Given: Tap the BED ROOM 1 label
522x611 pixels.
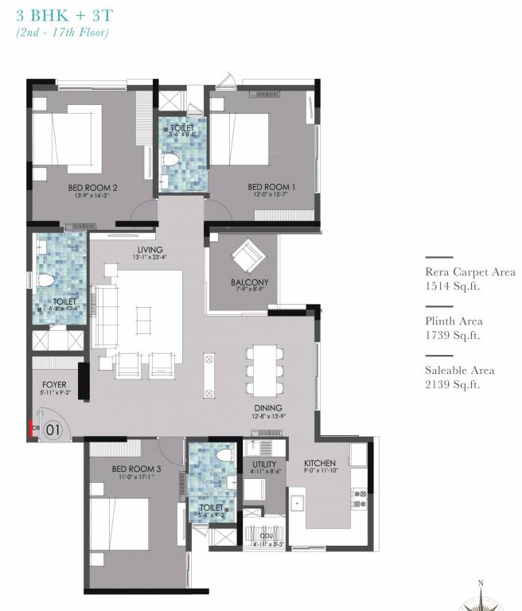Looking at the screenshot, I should pyautogui.click(x=271, y=187).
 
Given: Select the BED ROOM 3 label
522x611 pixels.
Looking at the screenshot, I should pyautogui.click(x=136, y=469).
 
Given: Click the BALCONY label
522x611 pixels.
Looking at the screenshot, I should pyautogui.click(x=249, y=282).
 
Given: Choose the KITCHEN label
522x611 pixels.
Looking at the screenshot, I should pyautogui.click(x=320, y=463).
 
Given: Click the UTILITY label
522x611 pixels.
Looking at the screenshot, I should pyautogui.click(x=264, y=463).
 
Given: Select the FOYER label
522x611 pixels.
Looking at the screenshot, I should pyautogui.click(x=54, y=383).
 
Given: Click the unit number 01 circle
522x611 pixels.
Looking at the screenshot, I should pyautogui.click(x=53, y=430).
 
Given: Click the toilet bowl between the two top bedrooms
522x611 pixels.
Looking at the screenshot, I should pyautogui.click(x=169, y=160).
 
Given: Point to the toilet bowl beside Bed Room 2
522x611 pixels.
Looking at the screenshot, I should pyautogui.click(x=45, y=281).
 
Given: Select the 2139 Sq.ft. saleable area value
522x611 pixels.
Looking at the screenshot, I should pyautogui.click(x=454, y=385).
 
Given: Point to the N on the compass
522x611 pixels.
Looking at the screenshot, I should pyautogui.click(x=481, y=583).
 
